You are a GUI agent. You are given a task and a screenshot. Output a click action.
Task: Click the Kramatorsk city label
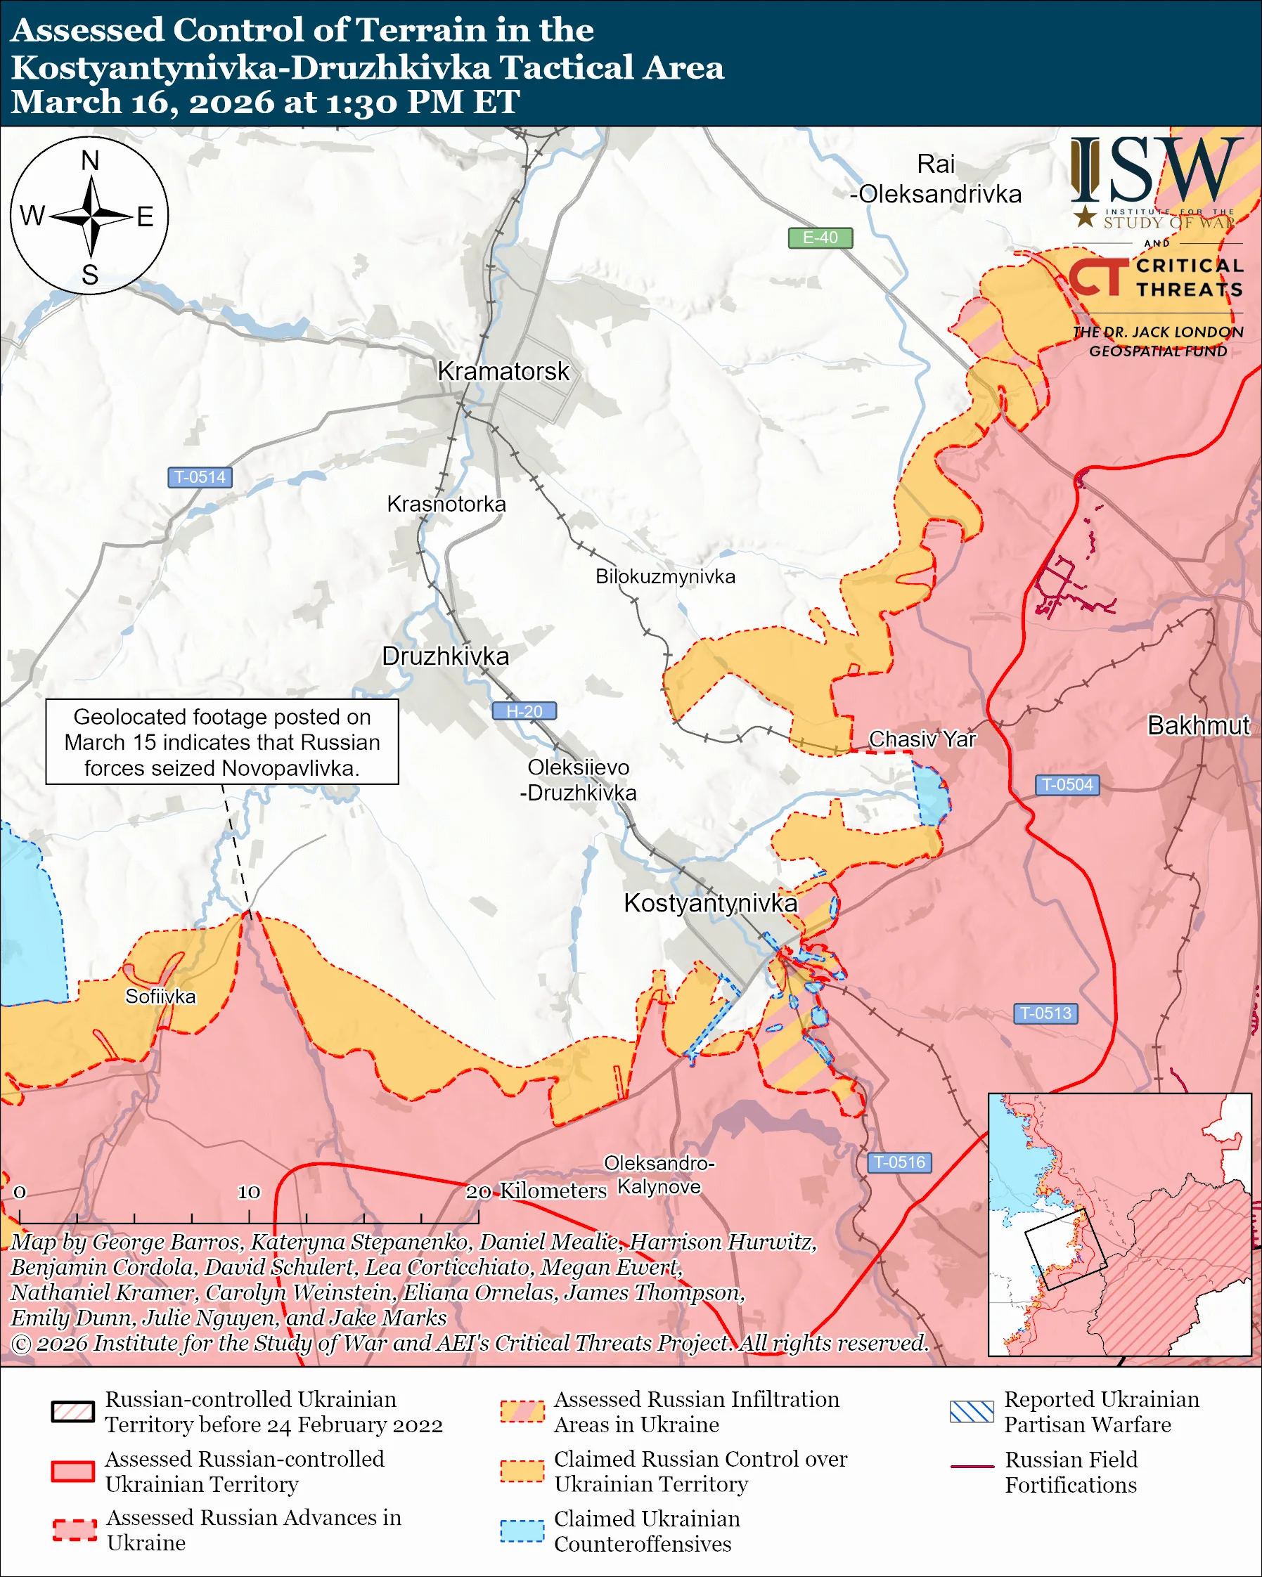coord(503,372)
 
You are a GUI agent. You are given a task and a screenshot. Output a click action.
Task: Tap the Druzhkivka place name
coord(446,656)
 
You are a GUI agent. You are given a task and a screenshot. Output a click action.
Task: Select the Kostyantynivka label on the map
coord(709,903)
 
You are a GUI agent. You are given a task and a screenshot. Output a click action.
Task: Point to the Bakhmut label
coord(1197,725)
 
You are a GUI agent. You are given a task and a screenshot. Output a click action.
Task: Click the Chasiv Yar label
coord(922,739)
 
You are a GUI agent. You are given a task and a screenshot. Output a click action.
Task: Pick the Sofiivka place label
coord(160,997)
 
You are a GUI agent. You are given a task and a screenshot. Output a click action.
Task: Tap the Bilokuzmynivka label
coord(665,576)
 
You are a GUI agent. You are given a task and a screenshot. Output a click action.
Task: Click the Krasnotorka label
coord(446,504)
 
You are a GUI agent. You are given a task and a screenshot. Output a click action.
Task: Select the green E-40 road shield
coord(819,238)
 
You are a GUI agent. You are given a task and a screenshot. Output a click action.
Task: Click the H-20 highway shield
coord(524,711)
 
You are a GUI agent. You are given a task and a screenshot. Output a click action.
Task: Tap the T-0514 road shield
coord(200,477)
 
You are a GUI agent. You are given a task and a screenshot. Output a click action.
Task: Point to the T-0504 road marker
coord(1066,785)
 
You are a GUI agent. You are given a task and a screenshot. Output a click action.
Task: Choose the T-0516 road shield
coord(899,1162)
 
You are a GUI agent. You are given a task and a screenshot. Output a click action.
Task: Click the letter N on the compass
coord(90,161)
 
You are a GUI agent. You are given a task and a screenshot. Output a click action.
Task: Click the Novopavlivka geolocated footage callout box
coord(221,741)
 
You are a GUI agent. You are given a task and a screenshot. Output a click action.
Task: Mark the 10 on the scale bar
coord(248,1193)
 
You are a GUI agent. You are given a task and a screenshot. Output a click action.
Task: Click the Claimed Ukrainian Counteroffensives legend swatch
coord(522,1531)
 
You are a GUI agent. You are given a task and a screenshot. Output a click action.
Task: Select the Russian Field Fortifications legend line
coord(972,1467)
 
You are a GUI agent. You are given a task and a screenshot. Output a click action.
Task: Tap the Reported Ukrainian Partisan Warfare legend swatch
coord(971,1412)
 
